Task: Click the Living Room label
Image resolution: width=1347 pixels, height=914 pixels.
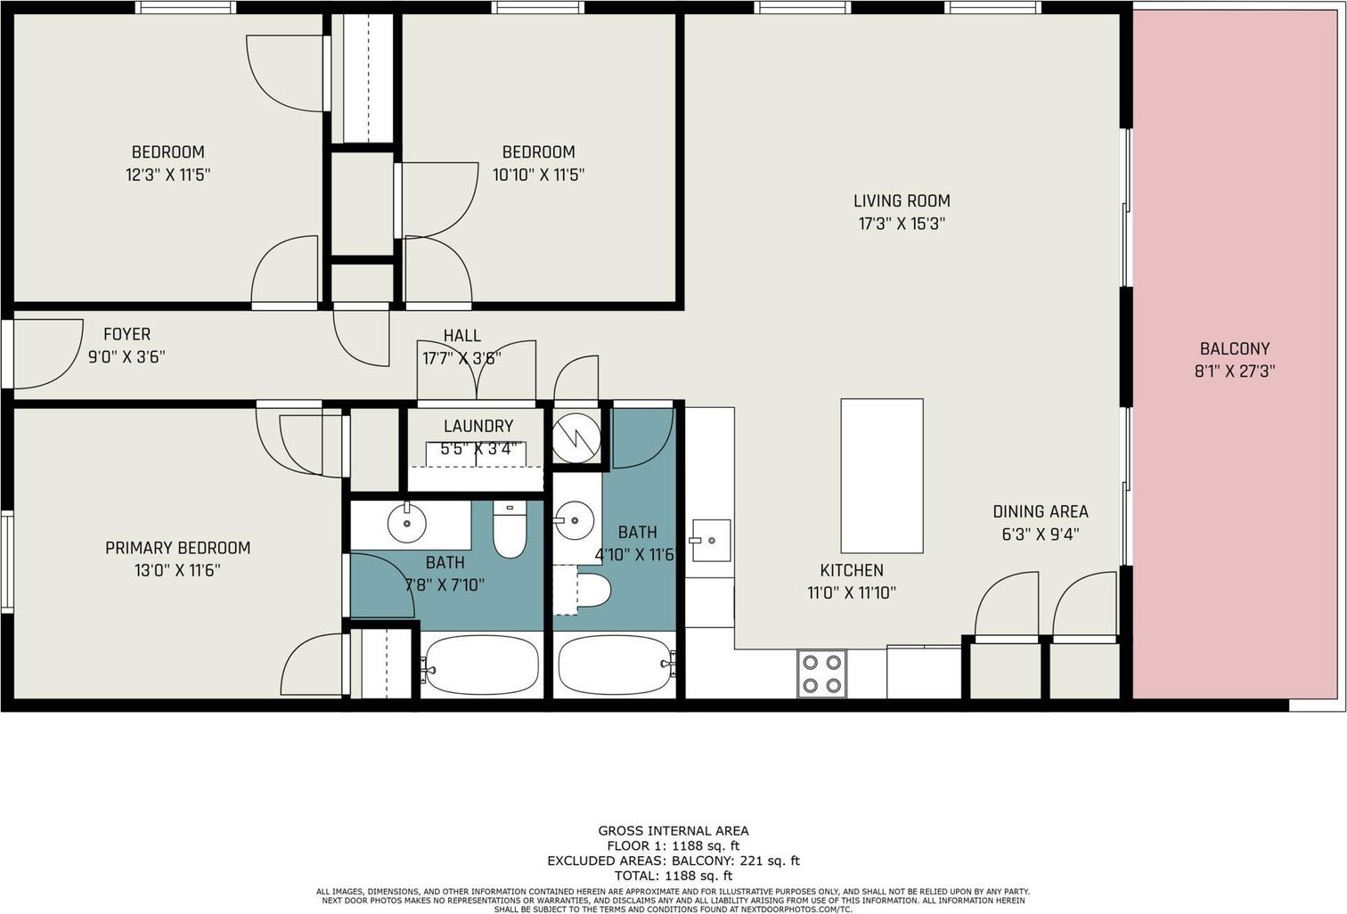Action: (902, 200)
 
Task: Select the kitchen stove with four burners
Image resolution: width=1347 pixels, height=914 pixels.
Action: (821, 673)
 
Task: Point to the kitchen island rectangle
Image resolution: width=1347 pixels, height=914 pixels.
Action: (882, 476)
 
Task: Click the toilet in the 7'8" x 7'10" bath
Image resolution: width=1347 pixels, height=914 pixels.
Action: (510, 529)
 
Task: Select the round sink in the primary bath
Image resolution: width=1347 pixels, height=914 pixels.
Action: (407, 524)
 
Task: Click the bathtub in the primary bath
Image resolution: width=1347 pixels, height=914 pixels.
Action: (481, 666)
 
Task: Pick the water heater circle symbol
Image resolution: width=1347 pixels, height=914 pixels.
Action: (576, 437)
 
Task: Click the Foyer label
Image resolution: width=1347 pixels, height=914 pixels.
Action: (127, 334)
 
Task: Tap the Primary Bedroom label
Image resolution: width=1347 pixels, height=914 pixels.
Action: (177, 548)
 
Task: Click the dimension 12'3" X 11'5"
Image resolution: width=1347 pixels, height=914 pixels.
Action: (167, 175)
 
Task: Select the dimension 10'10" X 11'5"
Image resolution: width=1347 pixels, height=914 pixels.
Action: (539, 175)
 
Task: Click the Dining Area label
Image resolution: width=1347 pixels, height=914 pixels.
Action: (1041, 511)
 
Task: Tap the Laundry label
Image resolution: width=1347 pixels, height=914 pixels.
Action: (478, 427)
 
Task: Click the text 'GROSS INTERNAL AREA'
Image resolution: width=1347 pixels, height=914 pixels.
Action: (673, 831)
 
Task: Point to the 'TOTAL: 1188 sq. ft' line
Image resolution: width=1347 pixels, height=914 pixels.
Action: (673, 876)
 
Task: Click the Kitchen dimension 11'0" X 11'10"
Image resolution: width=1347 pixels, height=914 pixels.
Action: (852, 593)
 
